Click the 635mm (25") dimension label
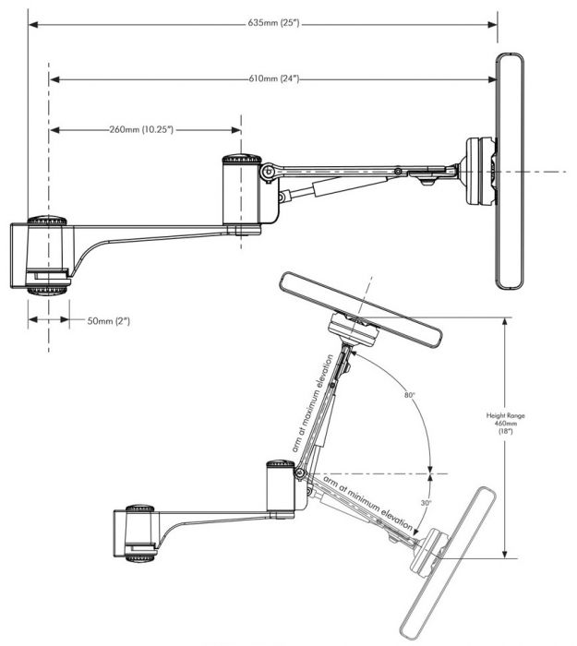(260, 22)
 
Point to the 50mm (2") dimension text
(108, 320)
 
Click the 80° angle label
(409, 395)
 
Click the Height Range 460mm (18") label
(531, 430)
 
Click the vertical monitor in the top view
(511, 172)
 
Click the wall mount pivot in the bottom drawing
(137, 534)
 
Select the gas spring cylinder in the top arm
(323, 187)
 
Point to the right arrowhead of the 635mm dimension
(493, 23)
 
